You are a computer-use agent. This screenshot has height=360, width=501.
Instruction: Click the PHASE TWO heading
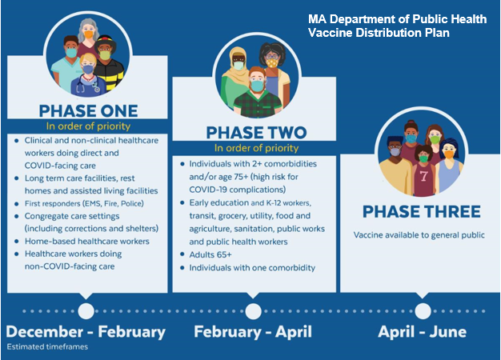point(253,131)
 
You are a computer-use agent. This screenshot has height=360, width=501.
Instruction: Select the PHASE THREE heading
point(421,211)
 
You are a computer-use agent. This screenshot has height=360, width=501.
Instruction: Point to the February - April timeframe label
point(253,331)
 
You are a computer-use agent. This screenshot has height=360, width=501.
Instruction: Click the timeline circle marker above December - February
point(85,310)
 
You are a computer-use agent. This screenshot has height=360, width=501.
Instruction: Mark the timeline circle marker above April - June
point(422,310)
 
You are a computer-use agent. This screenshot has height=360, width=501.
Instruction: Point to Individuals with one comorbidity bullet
point(246,267)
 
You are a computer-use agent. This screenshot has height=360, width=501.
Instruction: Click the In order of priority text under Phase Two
point(253,148)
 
